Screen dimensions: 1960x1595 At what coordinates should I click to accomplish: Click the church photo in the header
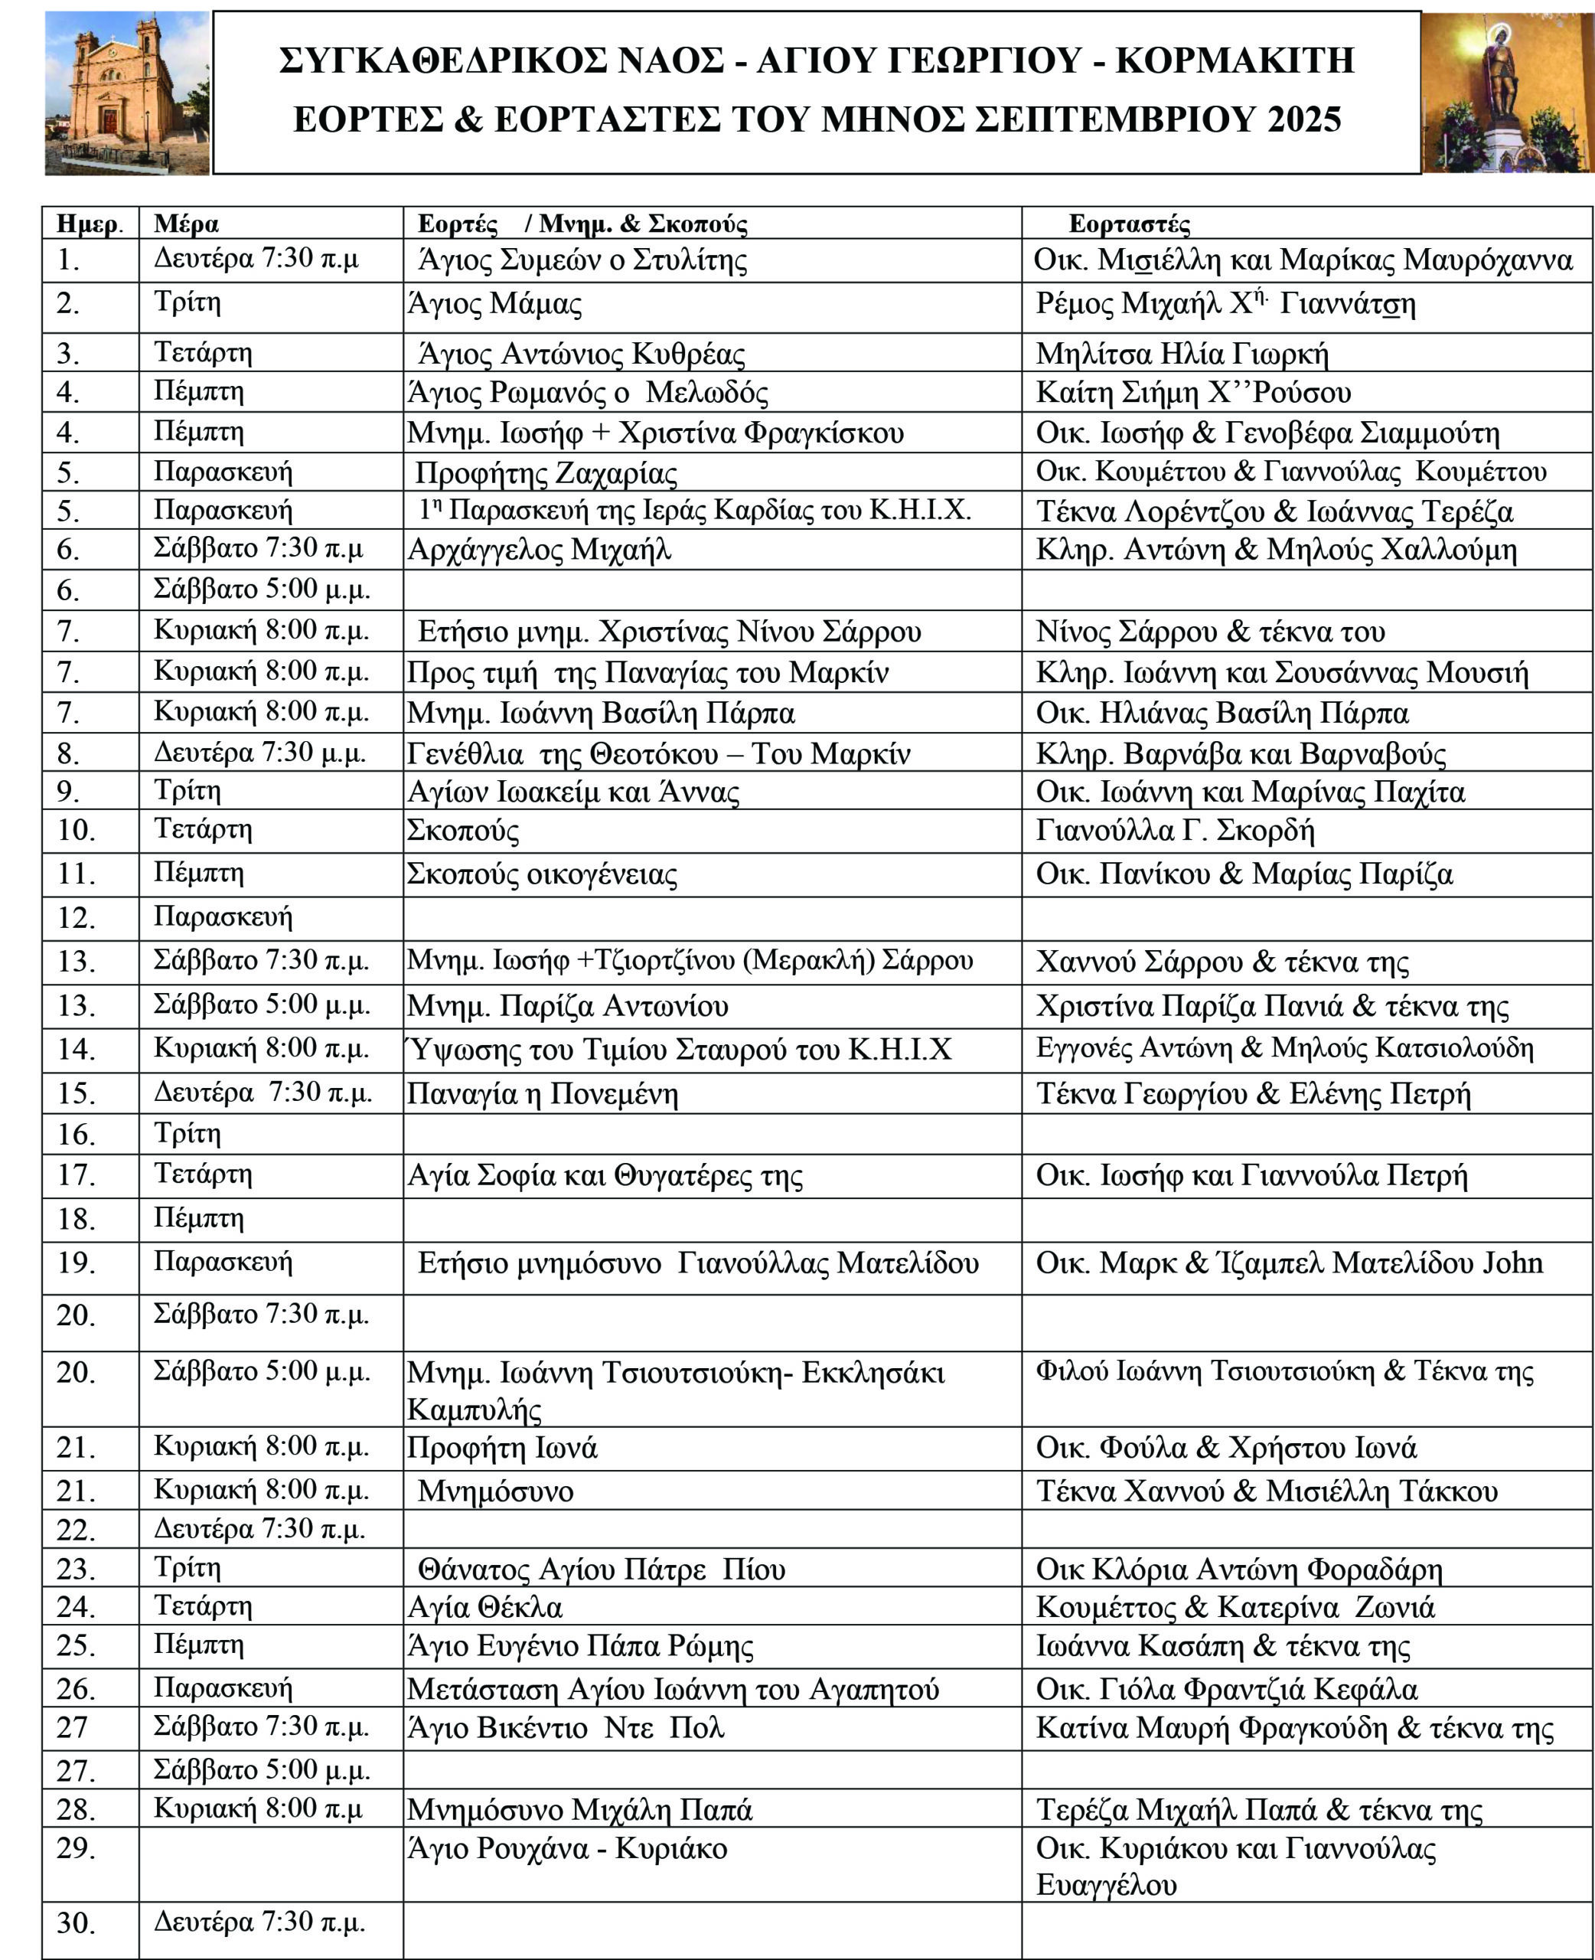[127, 93]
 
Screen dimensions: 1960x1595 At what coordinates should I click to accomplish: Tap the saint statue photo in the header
[1507, 93]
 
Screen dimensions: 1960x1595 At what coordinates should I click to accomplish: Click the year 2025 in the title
[1303, 119]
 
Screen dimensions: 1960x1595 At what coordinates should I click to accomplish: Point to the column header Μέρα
[187, 224]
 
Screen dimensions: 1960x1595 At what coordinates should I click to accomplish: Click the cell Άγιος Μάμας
[495, 304]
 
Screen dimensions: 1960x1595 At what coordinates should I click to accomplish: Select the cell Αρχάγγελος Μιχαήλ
[540, 550]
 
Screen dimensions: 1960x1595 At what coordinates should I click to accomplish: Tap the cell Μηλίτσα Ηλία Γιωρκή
[1182, 354]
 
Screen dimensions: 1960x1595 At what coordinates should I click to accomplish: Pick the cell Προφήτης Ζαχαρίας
[546, 473]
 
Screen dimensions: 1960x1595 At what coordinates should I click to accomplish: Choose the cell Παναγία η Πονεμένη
[542, 1094]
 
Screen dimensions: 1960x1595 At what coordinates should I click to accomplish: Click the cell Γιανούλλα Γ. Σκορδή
[1174, 831]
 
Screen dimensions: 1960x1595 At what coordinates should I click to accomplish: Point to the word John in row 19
[1512, 1263]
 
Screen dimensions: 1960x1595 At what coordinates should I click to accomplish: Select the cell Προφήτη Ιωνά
[503, 1448]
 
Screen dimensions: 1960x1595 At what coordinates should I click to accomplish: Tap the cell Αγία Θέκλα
[485, 1607]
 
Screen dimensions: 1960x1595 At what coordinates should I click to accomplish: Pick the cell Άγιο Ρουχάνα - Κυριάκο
[567, 1849]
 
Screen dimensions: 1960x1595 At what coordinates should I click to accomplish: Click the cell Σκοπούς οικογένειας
[542, 874]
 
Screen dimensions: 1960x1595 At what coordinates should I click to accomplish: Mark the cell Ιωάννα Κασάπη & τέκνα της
[1222, 1647]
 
